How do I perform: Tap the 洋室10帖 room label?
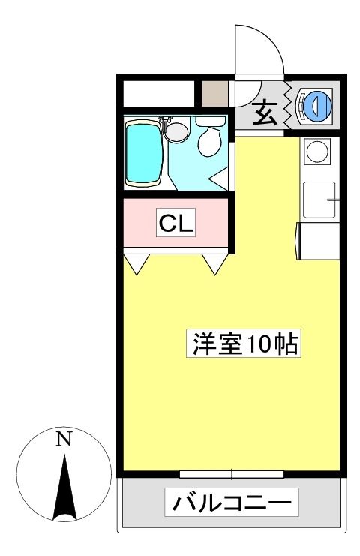pos(244,343)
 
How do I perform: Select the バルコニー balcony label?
pos(232,503)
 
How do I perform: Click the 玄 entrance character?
pos(264,113)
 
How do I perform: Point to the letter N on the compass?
pos(64,439)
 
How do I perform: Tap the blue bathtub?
pos(144,153)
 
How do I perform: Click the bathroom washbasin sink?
pos(177,132)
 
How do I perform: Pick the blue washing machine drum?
pos(317,104)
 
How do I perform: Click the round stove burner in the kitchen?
pos(316,151)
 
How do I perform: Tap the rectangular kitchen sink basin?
pos(319,200)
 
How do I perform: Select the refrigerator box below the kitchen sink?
pos(317,241)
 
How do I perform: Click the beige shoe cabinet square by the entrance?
pos(214,94)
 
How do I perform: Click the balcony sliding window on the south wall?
pos(232,474)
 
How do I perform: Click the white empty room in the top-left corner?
pos(159,94)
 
